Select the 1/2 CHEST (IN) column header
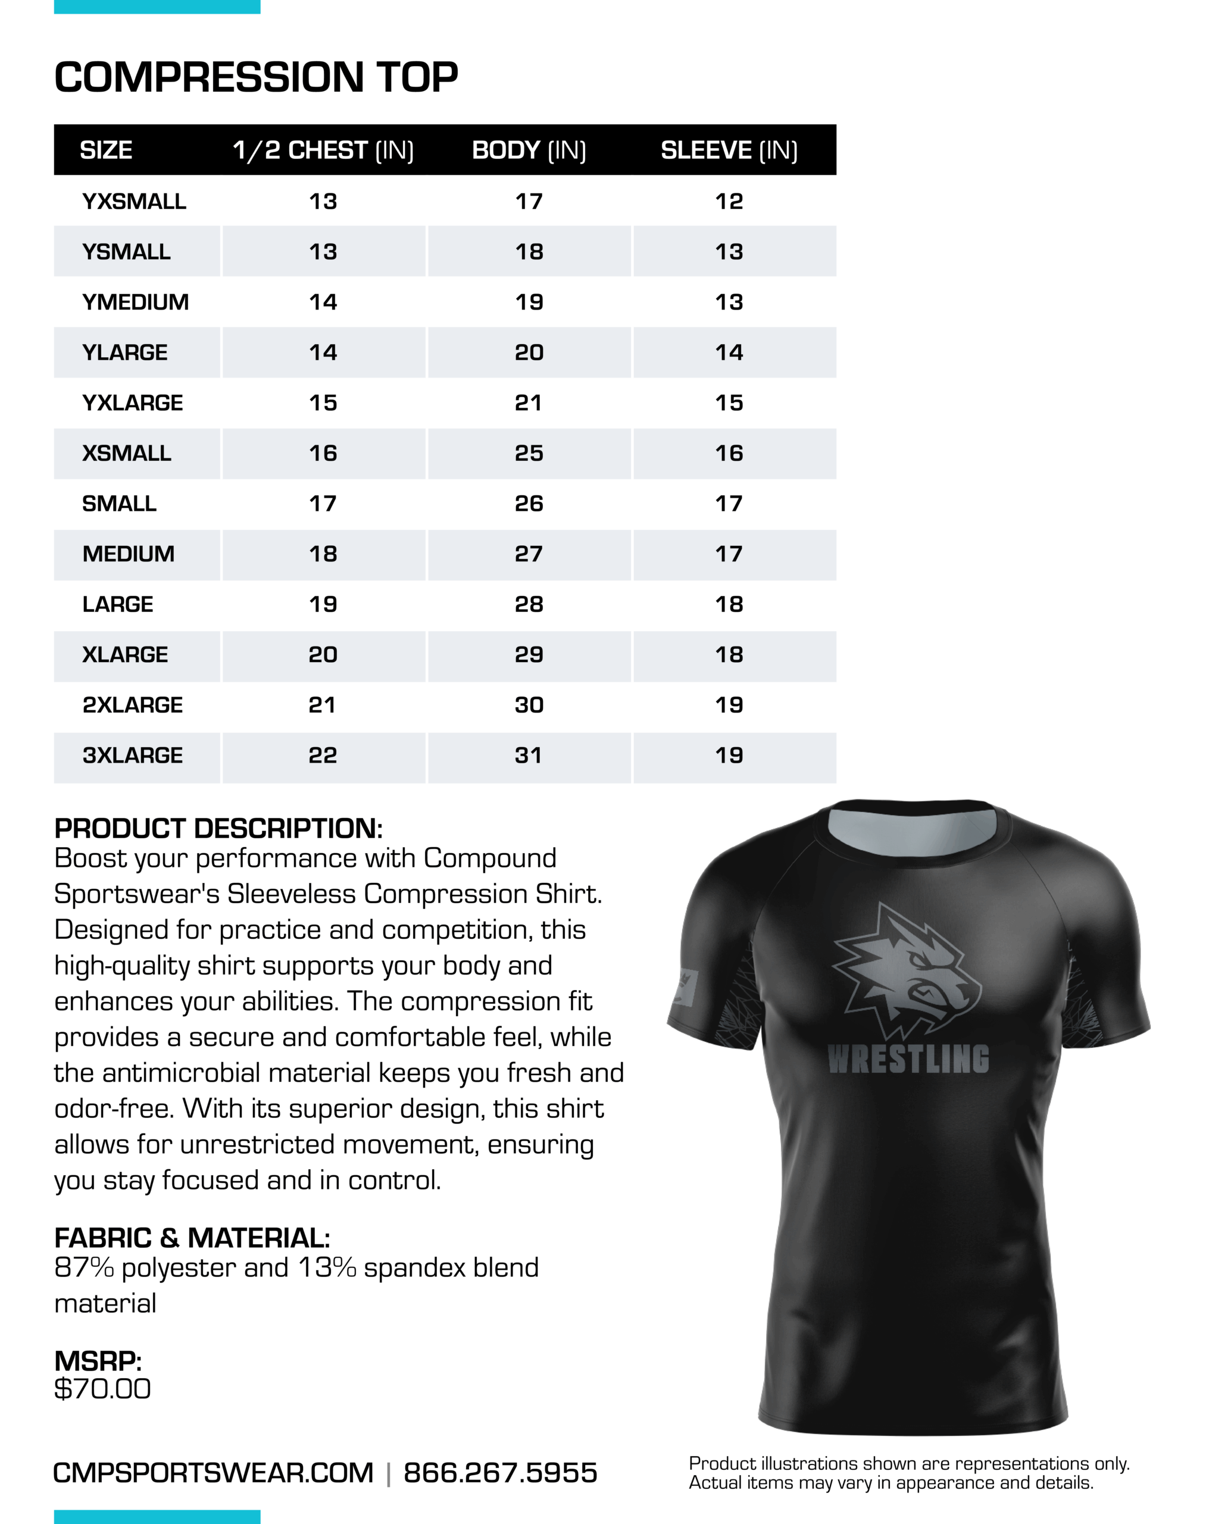point(323,151)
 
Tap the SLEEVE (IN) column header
point(729,151)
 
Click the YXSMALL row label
point(135,201)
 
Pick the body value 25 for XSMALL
point(529,453)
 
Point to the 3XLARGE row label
point(133,755)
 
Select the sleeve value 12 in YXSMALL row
point(729,201)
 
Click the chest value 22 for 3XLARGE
point(323,755)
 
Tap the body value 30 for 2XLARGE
point(529,705)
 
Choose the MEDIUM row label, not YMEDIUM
point(129,554)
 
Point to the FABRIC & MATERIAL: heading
point(192,1238)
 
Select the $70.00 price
point(102,1388)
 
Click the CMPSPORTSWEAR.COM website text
point(213,1472)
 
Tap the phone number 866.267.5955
point(501,1472)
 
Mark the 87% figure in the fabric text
point(83,1267)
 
